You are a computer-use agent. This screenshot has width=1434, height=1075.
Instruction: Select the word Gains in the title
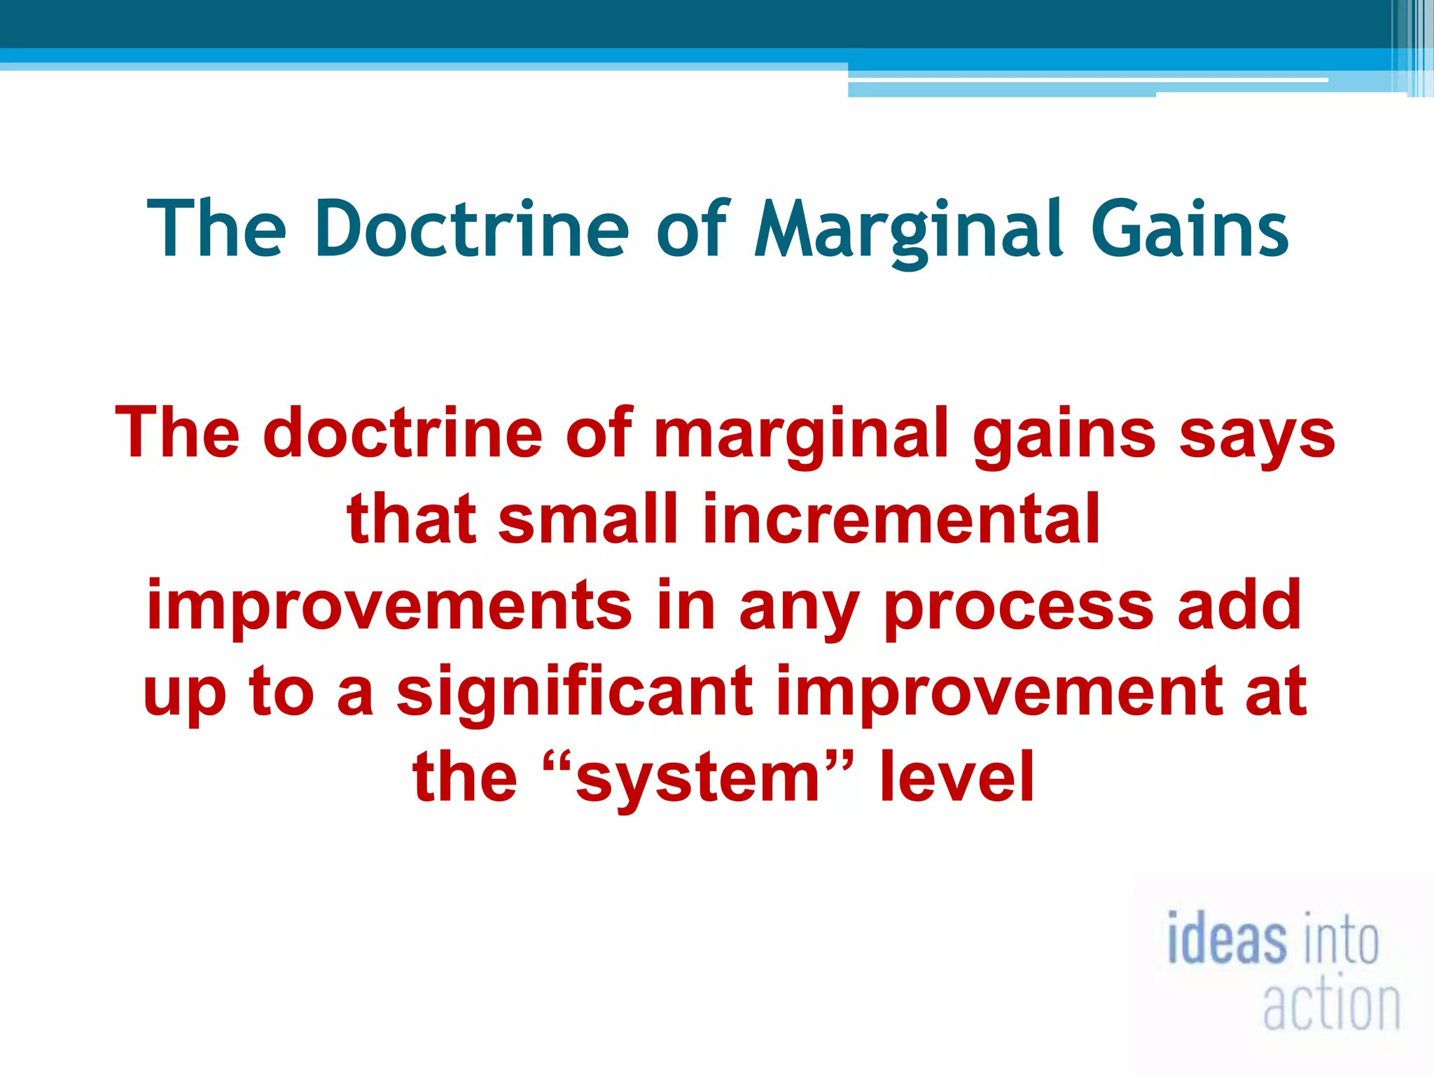point(1190,229)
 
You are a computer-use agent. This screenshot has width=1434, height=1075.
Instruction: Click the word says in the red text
point(1258,434)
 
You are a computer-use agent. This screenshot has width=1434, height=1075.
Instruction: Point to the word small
point(588,519)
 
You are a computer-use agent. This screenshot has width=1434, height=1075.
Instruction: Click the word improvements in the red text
point(389,605)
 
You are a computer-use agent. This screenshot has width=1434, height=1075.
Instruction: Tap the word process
point(1019,605)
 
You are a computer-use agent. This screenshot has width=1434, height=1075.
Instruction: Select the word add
point(1239,605)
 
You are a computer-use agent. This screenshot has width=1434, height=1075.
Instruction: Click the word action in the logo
point(1331,1005)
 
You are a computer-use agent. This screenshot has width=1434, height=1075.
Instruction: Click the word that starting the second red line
point(411,519)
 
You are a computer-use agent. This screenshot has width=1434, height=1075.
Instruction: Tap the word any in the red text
point(799,605)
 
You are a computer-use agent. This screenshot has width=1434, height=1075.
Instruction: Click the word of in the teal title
point(692,229)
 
